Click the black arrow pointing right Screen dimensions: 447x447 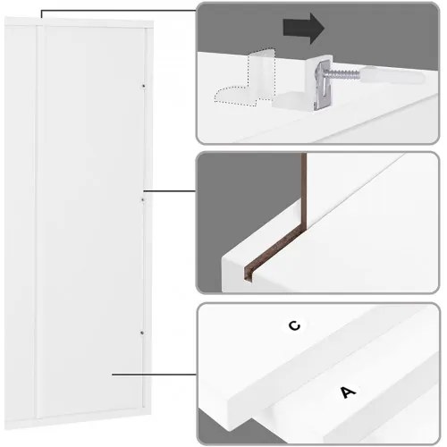point(303,29)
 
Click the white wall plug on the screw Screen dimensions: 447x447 point(392,77)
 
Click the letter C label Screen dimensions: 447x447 point(295,325)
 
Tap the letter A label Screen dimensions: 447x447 point(348,392)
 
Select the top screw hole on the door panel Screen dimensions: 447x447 point(143,86)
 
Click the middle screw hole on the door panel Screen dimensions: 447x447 point(143,199)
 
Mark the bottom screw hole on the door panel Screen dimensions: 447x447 point(142,333)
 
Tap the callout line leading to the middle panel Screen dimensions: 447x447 point(170,190)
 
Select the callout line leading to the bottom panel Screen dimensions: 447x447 point(154,375)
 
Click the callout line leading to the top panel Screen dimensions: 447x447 point(118,11)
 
